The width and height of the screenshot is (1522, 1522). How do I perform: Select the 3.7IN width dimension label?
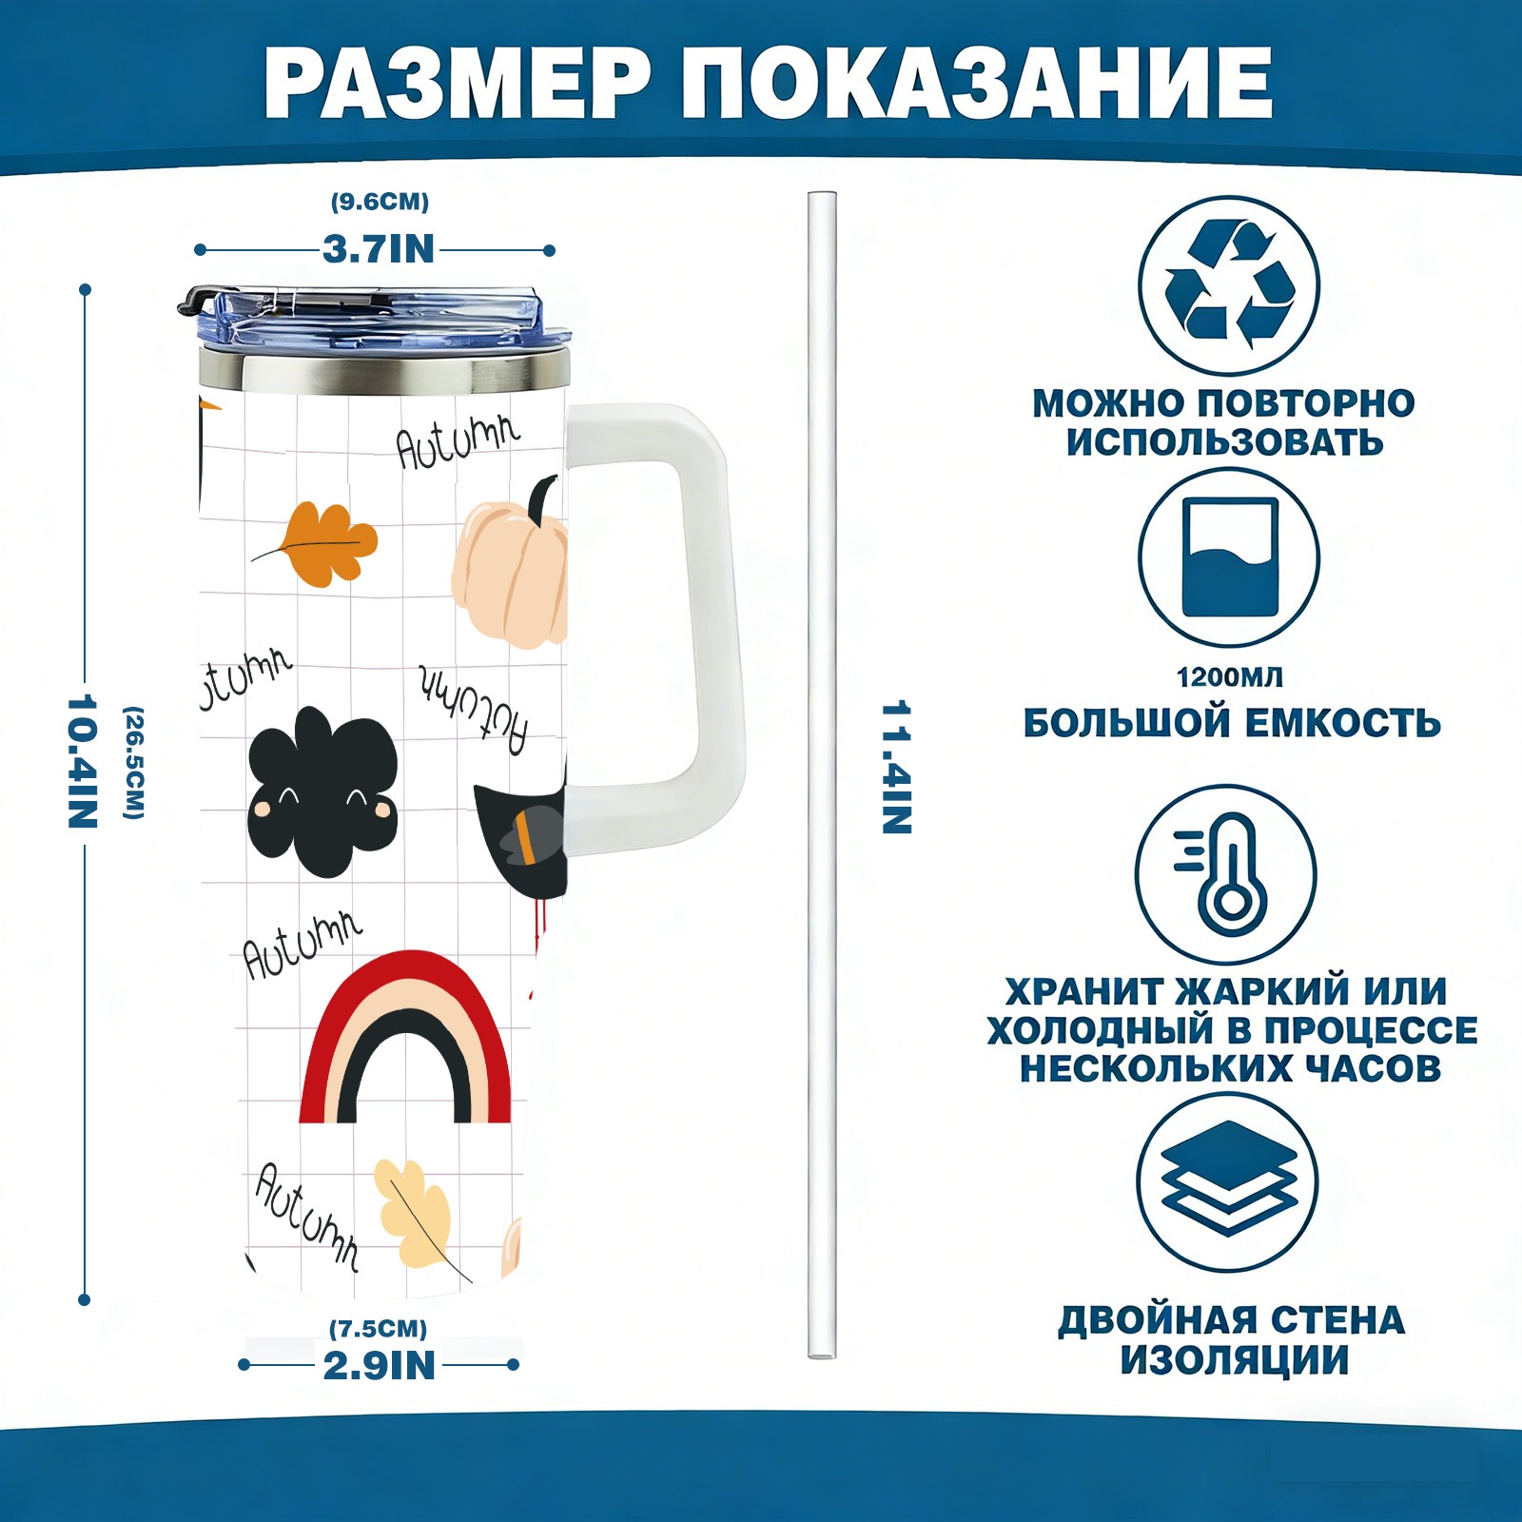coord(379,249)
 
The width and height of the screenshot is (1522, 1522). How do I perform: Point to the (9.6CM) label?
coord(380,202)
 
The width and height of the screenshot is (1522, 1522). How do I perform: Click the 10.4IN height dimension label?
coord(83,761)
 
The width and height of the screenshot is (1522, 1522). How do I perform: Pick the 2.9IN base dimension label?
coord(380,1366)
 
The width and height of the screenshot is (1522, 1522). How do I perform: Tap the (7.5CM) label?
coord(379,1328)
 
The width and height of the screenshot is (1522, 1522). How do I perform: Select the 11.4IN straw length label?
coord(896,768)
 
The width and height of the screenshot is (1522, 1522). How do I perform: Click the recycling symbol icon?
coord(1229,284)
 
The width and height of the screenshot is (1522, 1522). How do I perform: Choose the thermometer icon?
coord(1227,874)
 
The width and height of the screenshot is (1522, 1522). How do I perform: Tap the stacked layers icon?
coord(1229,1180)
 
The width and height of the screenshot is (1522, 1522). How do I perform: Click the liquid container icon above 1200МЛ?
coord(1229,557)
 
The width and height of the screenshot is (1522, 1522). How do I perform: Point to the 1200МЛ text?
coord(1229,677)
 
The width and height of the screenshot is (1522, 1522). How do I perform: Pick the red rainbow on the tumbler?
coord(406,1037)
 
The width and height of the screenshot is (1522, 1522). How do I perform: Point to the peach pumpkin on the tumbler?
coord(510,576)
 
